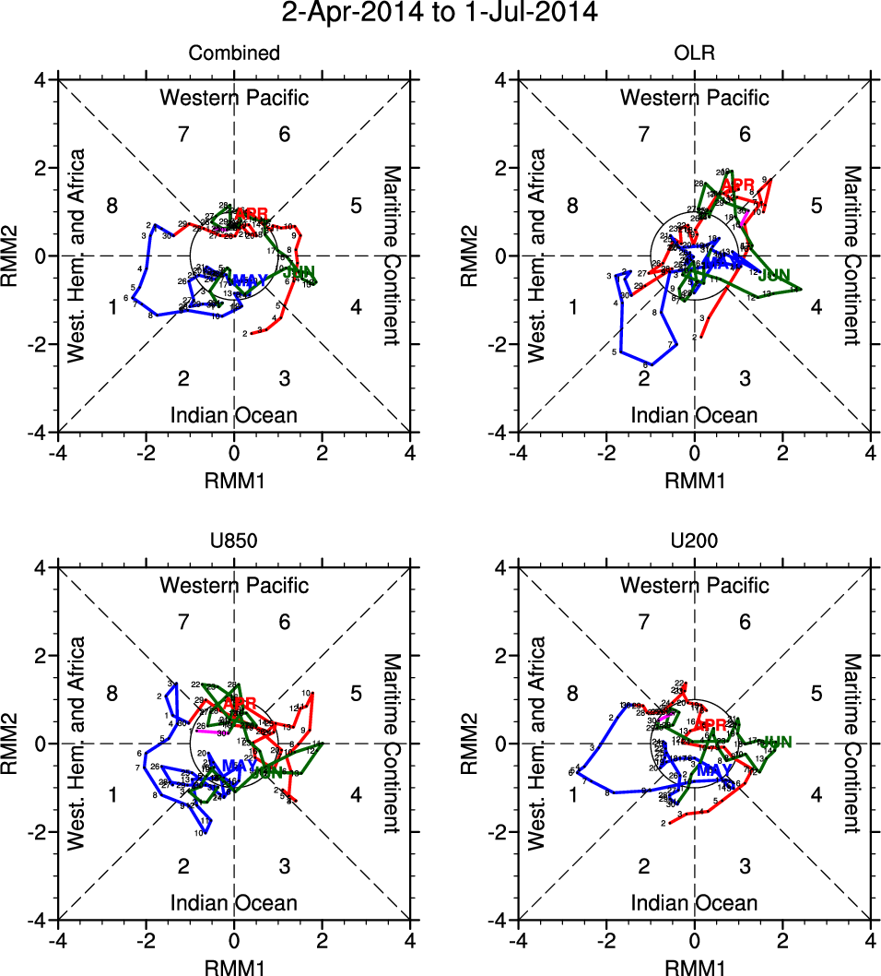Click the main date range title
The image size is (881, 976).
pos(440,13)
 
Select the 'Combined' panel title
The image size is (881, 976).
pos(234,54)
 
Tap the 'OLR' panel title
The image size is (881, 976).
pos(694,54)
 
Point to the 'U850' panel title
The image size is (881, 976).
pos(234,541)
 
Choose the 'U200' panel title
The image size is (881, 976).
pos(694,541)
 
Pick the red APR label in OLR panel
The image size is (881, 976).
pos(738,184)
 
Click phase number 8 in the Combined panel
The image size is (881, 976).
pos(112,206)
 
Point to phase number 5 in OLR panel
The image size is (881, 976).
pos(816,206)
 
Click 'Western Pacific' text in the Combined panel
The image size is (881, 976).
pos(234,98)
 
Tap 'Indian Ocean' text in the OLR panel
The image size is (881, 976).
pos(694,415)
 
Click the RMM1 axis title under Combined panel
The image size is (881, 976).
pos(234,480)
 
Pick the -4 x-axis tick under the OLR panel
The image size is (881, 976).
pos(518,454)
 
